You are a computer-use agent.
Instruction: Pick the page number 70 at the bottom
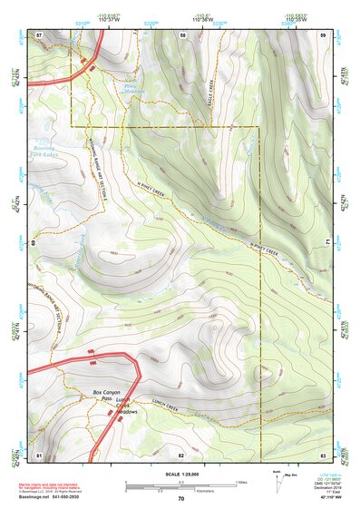180,498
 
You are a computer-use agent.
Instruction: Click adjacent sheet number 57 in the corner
39,34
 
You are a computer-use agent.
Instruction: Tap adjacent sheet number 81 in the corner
39,453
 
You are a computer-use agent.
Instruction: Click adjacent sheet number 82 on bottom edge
181,453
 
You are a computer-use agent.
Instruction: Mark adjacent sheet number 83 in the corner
322,453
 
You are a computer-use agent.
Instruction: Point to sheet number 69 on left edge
34,243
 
